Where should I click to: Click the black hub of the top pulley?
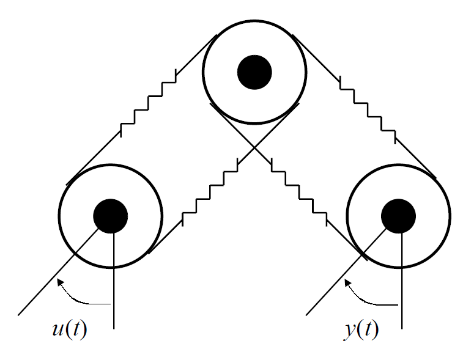pyautogui.click(x=254, y=72)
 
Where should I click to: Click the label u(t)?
pyautogui.click(x=69, y=330)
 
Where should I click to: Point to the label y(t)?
pyautogui.click(x=360, y=330)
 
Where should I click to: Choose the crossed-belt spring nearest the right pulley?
pyautogui.click(x=300, y=191)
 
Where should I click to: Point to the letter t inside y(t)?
pyautogui.click(x=365, y=330)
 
